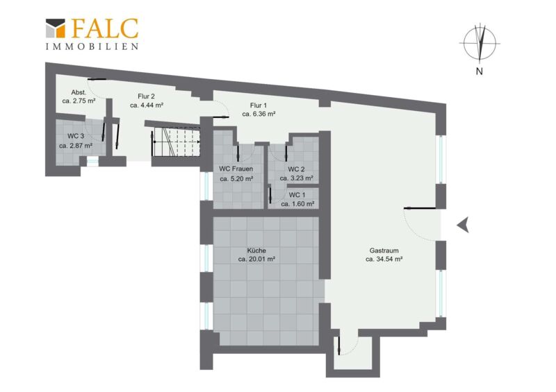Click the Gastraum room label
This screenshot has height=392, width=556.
coord(384,250)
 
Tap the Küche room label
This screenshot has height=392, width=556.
coord(256,250)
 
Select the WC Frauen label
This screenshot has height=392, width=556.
coord(236,169)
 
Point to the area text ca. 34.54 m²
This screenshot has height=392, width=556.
coord(384,259)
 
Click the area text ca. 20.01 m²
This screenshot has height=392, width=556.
coord(256,259)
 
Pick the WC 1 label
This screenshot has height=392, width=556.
coord(297,195)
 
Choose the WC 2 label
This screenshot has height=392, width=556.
coord(296,169)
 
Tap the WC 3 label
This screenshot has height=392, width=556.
coord(76,136)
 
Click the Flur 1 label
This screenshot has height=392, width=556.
coord(259,105)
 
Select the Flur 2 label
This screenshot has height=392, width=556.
coord(146,96)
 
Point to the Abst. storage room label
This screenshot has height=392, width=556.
coord(79,92)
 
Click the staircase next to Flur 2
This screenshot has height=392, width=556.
coord(177,142)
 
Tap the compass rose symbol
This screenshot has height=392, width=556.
coord(480,43)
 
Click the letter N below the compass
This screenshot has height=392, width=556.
coord(480,71)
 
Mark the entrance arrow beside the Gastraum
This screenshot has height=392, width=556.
coord(463,225)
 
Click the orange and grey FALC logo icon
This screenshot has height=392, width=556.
coord(56,28)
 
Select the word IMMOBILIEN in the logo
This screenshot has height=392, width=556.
coord(92,46)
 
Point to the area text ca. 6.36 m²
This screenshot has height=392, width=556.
coord(259,114)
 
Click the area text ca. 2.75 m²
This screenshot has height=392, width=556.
coord(79,101)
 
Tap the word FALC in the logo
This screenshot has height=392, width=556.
coord(105,28)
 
